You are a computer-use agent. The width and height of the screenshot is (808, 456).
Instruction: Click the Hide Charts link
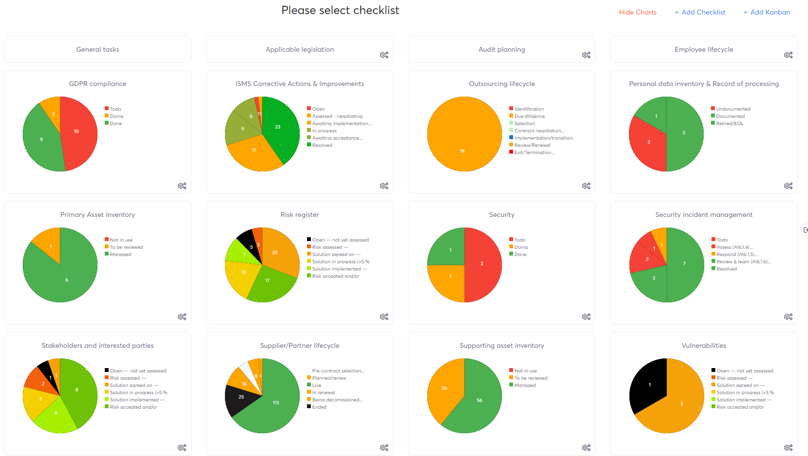[638, 12]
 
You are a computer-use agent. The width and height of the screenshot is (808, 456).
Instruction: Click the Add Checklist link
[700, 12]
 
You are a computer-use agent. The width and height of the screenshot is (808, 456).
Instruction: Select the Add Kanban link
[766, 12]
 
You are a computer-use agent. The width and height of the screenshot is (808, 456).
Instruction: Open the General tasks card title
[98, 49]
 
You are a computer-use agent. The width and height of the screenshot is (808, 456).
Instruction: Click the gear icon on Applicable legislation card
[384, 55]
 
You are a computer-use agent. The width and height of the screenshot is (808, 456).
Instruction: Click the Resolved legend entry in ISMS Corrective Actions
[322, 145]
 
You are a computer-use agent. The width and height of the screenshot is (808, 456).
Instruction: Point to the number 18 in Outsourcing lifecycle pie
[462, 151]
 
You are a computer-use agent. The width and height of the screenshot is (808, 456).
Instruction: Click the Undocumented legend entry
[733, 109]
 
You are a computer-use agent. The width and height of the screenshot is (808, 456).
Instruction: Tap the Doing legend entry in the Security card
[521, 247]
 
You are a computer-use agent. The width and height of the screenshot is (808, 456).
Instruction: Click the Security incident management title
[704, 214]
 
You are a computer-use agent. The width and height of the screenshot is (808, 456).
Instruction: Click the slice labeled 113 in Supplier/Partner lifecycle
[276, 403]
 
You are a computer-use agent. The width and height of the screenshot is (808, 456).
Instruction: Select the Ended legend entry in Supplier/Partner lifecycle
[319, 407]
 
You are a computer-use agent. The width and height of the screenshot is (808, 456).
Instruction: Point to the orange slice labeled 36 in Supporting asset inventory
[444, 388]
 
